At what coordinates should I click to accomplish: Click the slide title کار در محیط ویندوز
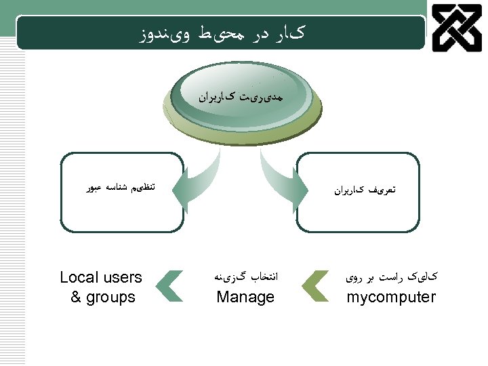(x=220, y=33)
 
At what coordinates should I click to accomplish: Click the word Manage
(x=245, y=297)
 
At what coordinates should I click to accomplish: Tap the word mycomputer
(x=391, y=297)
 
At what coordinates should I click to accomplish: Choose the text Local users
(x=101, y=277)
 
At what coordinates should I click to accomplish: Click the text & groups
(x=103, y=297)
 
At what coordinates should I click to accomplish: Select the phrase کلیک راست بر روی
(x=391, y=277)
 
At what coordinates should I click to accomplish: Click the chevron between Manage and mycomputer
(x=314, y=285)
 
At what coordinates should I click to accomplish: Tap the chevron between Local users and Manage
(x=169, y=285)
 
